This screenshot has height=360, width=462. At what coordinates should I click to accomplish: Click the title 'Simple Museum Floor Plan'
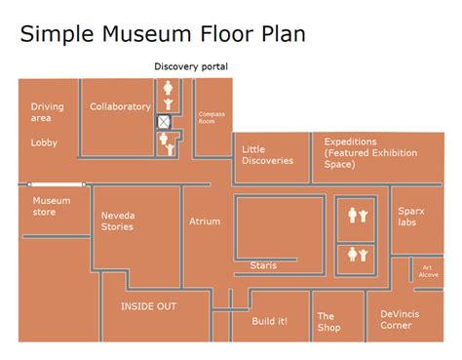(x=163, y=34)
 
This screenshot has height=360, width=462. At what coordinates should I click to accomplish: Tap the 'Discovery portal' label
(x=191, y=66)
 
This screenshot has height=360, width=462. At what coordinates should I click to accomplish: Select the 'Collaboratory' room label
(x=120, y=106)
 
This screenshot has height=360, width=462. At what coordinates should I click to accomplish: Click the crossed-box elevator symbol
(x=167, y=122)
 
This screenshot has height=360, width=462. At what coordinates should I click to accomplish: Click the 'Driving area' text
(x=47, y=112)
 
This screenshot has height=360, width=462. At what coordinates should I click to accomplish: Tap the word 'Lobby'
(x=44, y=141)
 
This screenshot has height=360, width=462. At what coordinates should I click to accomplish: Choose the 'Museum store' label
(x=52, y=206)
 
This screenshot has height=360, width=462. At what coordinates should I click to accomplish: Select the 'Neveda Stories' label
(x=117, y=221)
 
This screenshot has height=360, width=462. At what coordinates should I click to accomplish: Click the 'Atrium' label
(x=205, y=221)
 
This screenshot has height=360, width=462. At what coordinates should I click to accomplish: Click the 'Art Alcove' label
(x=429, y=271)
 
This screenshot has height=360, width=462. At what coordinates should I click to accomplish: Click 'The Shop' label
(x=328, y=322)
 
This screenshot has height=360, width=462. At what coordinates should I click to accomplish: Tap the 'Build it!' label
(x=269, y=320)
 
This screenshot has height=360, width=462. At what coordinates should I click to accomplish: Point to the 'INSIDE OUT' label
(x=148, y=306)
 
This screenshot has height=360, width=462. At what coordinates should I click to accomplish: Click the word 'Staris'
(x=263, y=265)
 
